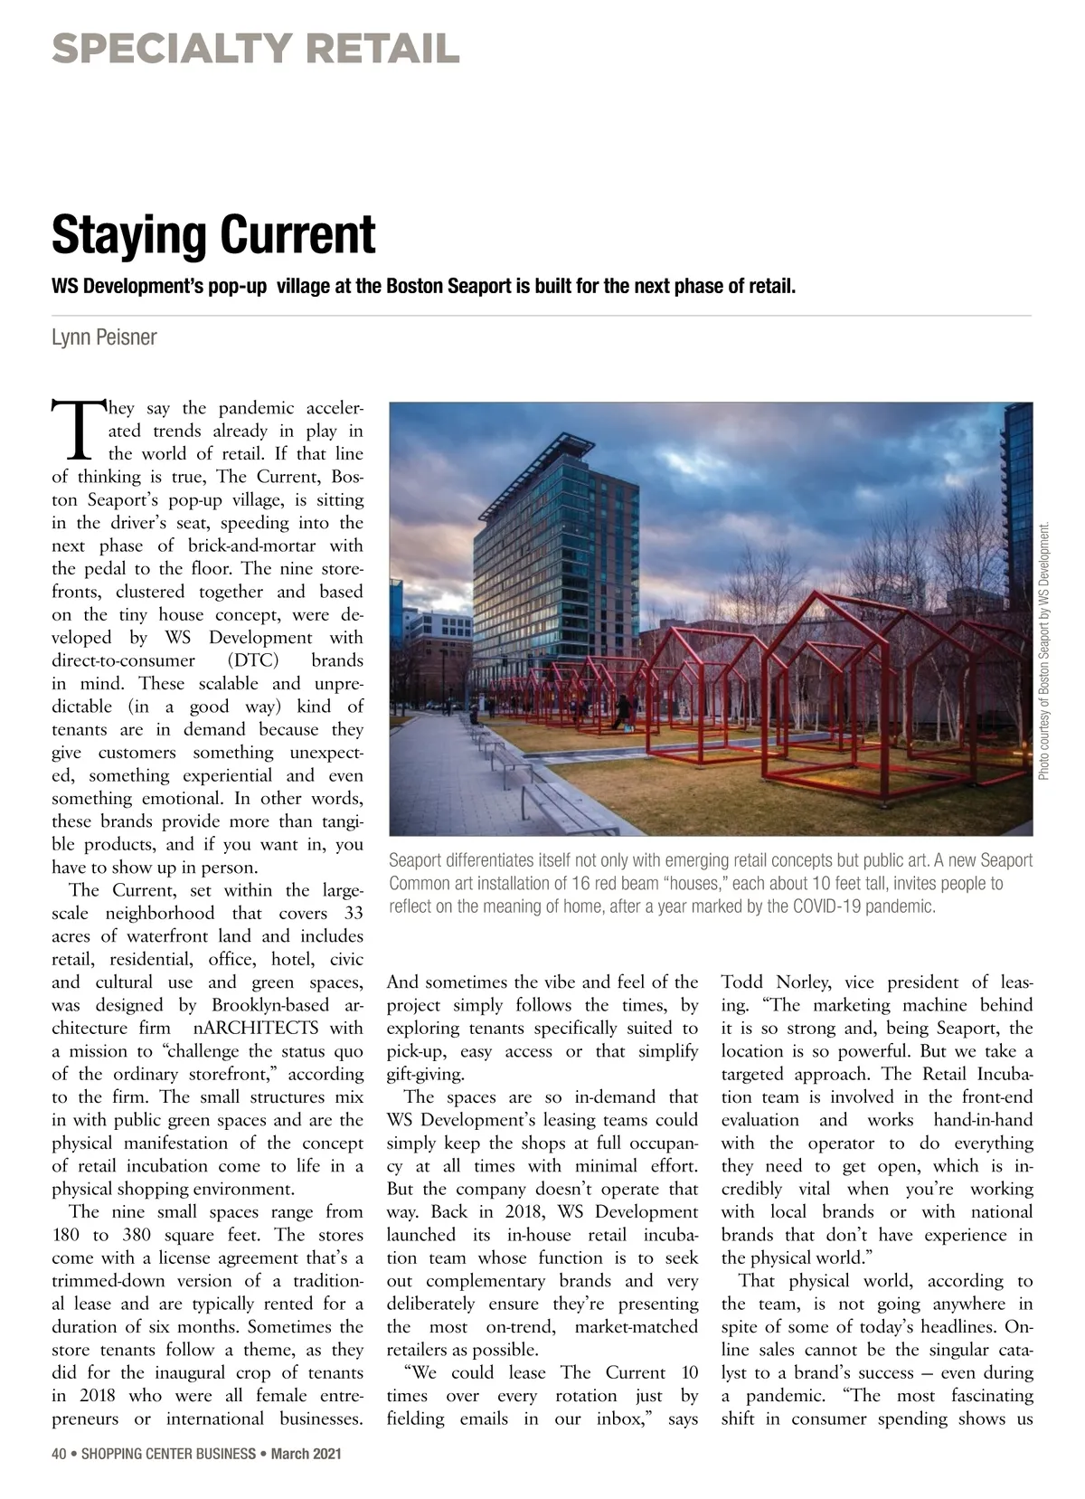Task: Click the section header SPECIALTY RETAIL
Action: point(256,48)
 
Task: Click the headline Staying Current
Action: point(213,234)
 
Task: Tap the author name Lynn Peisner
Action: point(104,337)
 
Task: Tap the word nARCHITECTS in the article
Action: point(257,1028)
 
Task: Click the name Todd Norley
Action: point(782,982)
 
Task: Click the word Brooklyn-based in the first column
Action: point(270,1005)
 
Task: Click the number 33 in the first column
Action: point(353,913)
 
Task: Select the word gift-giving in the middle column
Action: point(425,1074)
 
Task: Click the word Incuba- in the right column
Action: point(1005,1074)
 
